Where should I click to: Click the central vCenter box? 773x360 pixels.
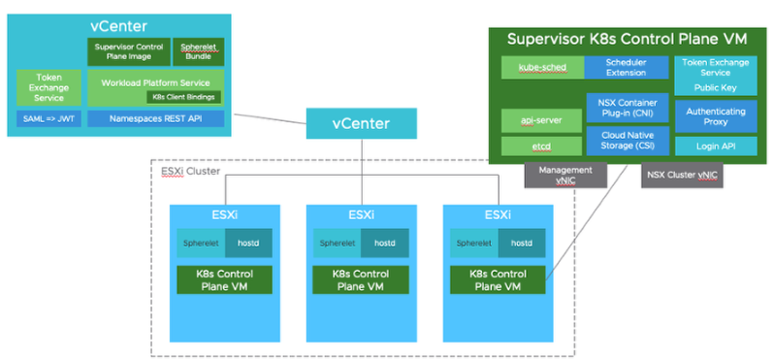pos(362,123)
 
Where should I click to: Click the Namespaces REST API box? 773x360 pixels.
pos(155,117)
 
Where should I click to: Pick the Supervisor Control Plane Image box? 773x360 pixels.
pos(128,51)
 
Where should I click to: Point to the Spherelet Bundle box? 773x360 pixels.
pos(198,51)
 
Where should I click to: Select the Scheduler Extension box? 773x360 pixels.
pos(626,67)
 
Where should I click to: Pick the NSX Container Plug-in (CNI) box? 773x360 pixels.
pos(626,107)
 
